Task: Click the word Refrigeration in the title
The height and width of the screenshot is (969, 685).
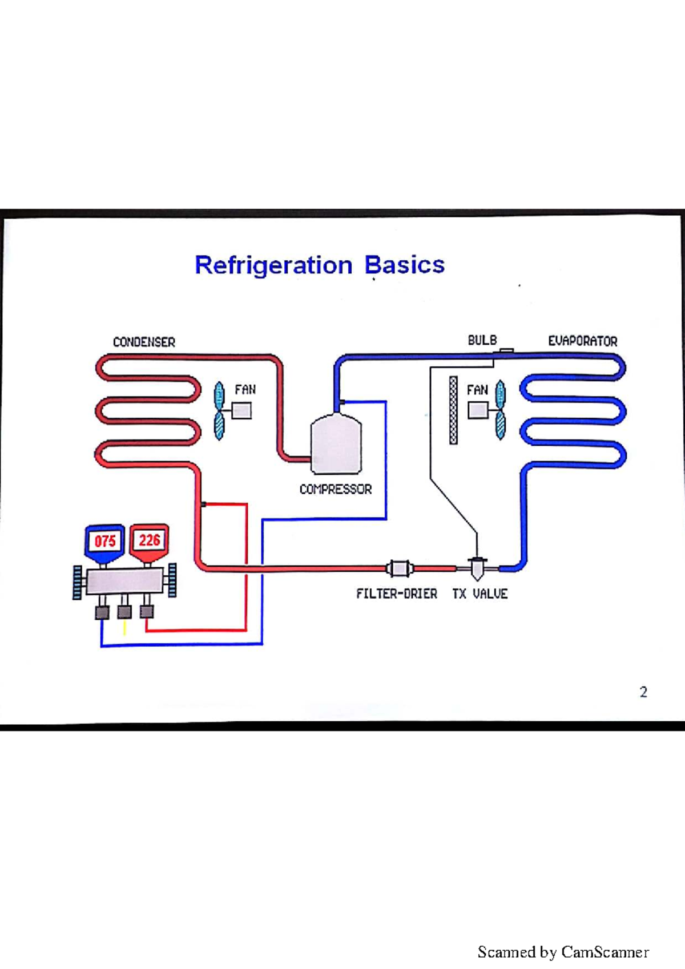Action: coord(274,265)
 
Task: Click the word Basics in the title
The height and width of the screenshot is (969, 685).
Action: coord(404,265)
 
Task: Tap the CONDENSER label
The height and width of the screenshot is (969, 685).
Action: coord(144,342)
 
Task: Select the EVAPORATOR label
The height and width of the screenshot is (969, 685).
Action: coord(582,341)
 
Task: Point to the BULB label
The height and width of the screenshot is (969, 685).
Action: coord(482,340)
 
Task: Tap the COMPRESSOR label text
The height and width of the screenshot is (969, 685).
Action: coord(336,489)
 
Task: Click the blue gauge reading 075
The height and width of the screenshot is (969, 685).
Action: coord(104,541)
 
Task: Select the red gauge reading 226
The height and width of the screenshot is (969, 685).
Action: coord(150,540)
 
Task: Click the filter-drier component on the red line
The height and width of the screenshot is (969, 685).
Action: coord(399,568)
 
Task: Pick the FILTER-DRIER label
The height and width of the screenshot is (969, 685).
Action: coord(397,593)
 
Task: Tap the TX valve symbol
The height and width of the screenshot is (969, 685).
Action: coord(477,568)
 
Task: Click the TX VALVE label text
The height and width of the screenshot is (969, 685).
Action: coord(480,593)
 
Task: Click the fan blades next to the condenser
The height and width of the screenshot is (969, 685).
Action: coord(219,410)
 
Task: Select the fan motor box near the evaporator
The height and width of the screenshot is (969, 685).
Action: coord(478,410)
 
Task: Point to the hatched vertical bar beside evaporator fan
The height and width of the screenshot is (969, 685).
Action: coord(453,410)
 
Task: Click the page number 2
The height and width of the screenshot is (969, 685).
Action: coord(643,692)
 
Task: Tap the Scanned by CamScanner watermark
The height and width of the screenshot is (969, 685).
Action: coord(563,952)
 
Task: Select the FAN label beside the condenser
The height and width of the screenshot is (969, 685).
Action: coord(245,390)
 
